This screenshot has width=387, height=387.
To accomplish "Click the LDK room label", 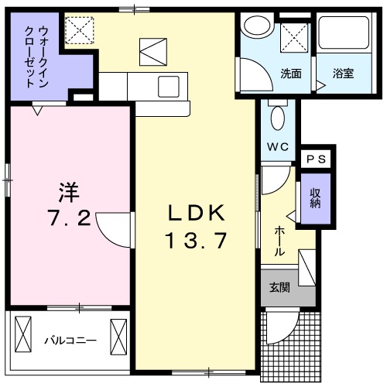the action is [196, 213].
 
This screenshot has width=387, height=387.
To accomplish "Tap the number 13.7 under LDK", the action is [197, 241].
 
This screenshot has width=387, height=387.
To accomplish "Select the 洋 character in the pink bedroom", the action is [69, 192].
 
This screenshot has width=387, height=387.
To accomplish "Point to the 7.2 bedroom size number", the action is [70, 217].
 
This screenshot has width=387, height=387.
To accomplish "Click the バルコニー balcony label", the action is [70, 341].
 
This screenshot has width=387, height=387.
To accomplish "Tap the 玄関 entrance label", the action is [279, 287].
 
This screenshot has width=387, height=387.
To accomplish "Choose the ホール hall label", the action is [279, 241].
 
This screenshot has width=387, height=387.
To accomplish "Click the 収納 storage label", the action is [315, 198].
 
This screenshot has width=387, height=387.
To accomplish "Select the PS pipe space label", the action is [317, 159].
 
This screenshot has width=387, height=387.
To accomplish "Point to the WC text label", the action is [278, 147].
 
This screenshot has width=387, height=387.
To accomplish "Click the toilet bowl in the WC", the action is [278, 118].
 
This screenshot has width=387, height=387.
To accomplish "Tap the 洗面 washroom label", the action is [291, 74].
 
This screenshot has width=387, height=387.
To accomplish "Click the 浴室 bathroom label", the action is [343, 74].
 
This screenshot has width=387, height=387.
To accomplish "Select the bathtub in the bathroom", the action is [344, 33].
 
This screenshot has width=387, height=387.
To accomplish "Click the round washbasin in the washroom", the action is [257, 26].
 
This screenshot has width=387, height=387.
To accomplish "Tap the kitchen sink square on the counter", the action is [169, 87].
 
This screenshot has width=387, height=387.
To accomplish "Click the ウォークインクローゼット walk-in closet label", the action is [36, 57].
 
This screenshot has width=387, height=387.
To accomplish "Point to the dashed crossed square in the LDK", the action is [79, 30].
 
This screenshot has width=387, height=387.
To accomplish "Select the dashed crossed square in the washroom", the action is [294, 38].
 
